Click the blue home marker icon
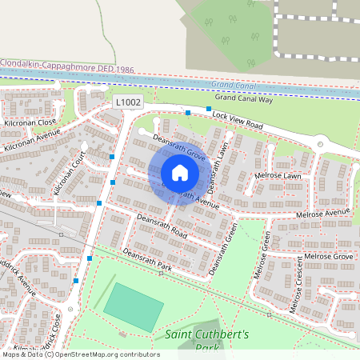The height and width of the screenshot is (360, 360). click(x=180, y=172)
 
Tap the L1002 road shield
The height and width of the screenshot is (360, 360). click(x=128, y=103)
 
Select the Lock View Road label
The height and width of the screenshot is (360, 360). click(x=238, y=121)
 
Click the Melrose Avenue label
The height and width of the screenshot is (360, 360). click(x=323, y=213)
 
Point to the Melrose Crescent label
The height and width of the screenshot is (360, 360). click(x=298, y=286)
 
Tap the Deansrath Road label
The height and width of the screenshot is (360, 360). click(x=161, y=226)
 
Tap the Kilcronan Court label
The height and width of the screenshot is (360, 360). click(x=69, y=172)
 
